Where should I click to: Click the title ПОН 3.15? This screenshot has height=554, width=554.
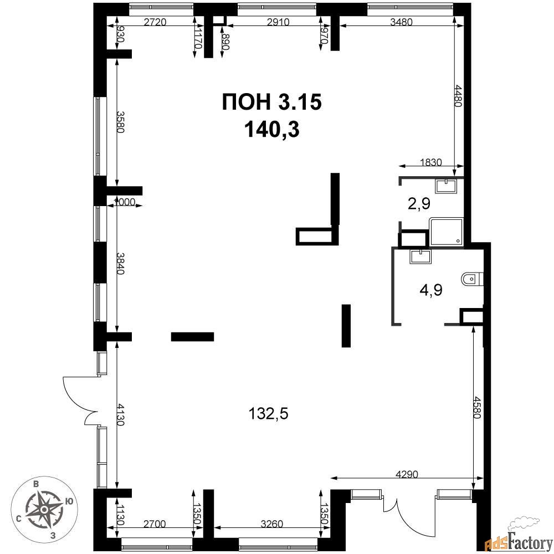click(271, 102)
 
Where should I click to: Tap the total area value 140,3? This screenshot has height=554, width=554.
click(271, 130)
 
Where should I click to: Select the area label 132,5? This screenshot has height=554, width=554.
click(269, 413)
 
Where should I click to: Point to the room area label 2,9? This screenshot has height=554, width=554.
click(419, 204)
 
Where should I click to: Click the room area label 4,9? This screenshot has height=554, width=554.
click(431, 290)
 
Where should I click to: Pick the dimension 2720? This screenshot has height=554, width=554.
click(155, 22)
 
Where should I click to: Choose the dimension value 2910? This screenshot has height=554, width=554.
click(278, 22)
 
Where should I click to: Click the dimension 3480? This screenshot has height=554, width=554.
click(401, 22)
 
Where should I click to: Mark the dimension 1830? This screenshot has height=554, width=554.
click(431, 162)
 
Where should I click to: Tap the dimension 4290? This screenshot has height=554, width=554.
click(407, 474)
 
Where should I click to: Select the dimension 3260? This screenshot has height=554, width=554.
click(271, 524)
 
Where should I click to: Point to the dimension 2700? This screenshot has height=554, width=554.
click(155, 524)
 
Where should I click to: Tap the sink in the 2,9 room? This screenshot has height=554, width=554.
click(446, 186)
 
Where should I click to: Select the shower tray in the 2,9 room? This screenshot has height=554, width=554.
click(446, 232)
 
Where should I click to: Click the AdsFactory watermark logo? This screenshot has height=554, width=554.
click(517, 537)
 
